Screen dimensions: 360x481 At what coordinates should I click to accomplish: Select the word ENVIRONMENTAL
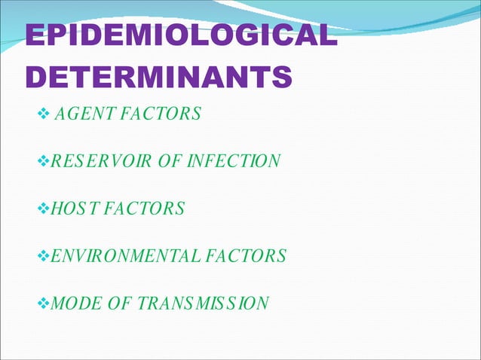click(118, 256)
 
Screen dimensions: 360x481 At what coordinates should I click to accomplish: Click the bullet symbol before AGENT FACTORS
click(43, 114)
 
